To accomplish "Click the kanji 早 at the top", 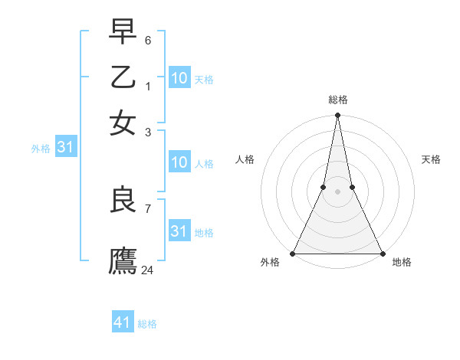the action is pos(123,31).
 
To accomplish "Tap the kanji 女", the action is pos(123,122).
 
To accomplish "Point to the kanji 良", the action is pos(123,201).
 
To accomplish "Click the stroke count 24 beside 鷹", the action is pos(148,270).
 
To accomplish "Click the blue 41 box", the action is pos(123,322).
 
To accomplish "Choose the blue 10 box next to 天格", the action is pos(179,78).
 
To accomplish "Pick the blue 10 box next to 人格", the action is pos(179,162).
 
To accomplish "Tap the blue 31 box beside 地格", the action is pos(179,231).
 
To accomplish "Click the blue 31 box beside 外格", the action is pos(65,148).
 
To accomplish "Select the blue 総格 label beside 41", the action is pos(147,324).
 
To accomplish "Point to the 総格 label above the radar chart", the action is pos(337,100).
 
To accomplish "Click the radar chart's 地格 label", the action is pos(402,263).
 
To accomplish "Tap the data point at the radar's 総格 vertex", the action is pos(337,116).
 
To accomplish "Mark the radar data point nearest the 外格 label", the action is pos(293,254).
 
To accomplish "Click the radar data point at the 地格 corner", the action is pos(382,254).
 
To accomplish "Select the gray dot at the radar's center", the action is pos(337,191).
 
